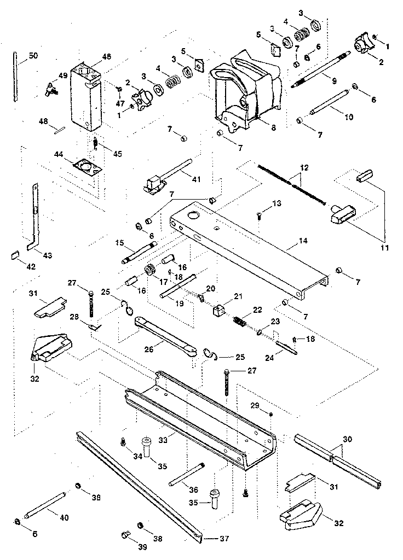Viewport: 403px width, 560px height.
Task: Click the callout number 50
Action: coord(33,56)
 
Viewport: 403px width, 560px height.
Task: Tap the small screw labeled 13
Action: coord(259,215)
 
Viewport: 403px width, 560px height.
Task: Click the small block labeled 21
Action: coord(218,310)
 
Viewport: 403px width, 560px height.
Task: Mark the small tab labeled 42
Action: coord(15,254)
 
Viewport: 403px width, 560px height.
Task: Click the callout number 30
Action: coord(347,439)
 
